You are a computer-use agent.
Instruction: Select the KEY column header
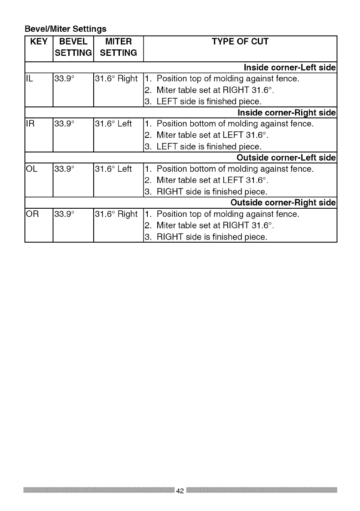(x=39, y=42)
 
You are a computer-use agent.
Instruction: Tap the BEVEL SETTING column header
(x=73, y=47)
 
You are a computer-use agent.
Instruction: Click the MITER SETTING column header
(x=118, y=47)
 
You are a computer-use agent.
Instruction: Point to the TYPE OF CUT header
(x=240, y=42)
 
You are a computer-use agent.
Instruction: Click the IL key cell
(x=30, y=79)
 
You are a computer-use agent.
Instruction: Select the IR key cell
(x=31, y=124)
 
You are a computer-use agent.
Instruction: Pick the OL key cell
(x=31, y=169)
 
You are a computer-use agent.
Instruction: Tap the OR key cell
(x=32, y=214)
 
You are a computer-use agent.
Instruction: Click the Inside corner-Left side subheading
(x=289, y=68)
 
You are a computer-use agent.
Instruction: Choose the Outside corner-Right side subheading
(x=283, y=203)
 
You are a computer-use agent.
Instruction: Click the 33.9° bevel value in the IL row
(x=64, y=79)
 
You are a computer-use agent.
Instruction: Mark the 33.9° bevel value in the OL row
(x=64, y=169)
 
